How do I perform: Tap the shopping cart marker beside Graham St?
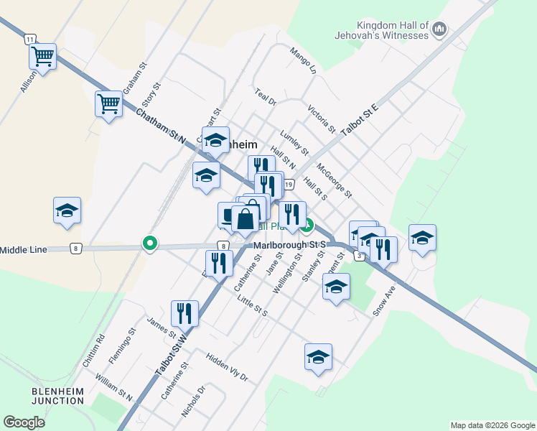108,103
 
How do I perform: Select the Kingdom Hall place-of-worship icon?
440,30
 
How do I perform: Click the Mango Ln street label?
303,60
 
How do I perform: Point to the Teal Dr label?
266,97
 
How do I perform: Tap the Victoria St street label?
321,119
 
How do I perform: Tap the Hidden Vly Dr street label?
226,366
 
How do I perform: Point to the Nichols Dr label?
193,401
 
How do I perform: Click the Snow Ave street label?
385,302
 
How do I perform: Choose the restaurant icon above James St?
185,313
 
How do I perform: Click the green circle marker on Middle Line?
150,244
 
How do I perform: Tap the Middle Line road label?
24,249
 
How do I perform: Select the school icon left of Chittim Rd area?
67,210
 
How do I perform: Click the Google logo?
24,422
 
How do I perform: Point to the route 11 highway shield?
29,39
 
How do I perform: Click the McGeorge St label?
335,180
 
